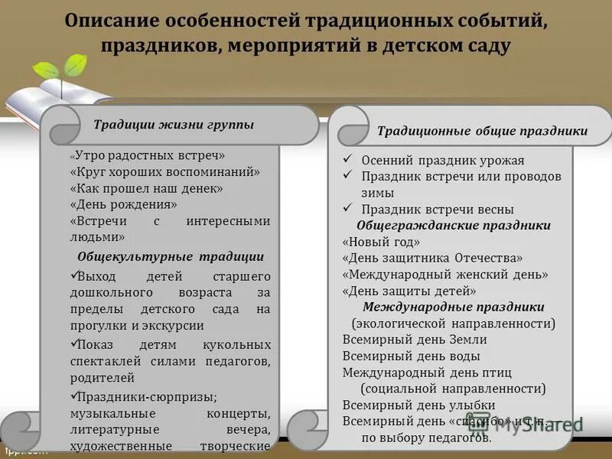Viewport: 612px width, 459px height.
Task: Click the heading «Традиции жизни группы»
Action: [x=173, y=125]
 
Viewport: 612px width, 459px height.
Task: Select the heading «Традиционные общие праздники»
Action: [x=482, y=132]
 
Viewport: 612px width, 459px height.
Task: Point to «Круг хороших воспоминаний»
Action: [x=165, y=172]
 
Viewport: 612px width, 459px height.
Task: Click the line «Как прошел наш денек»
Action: [x=146, y=188]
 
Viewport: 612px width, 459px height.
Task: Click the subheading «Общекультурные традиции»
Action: [x=171, y=257]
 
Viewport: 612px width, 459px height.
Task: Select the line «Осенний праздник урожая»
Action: [x=443, y=161]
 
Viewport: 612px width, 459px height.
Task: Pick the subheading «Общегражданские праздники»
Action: [x=454, y=226]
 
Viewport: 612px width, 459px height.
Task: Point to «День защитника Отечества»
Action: [x=433, y=259]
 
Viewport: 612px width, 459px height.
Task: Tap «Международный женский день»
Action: [x=445, y=275]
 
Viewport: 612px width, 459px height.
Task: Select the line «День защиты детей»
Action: [x=409, y=291]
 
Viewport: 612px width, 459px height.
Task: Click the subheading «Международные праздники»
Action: [x=454, y=308]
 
